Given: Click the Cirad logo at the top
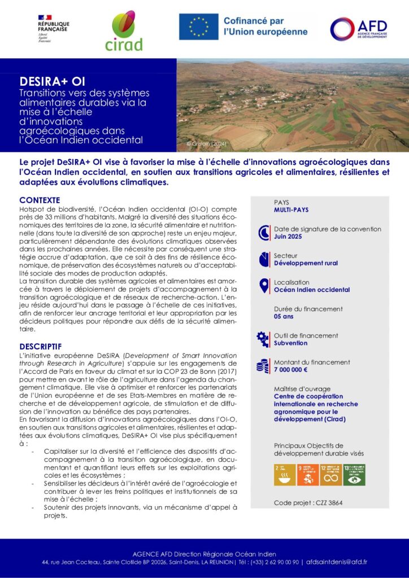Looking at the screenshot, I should [124, 31].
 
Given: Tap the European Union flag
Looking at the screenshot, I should [198, 27].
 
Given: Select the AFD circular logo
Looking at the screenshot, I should [342, 29].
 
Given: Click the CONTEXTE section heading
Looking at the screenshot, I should [40, 200].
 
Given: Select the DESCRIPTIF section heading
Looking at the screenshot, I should [40, 346].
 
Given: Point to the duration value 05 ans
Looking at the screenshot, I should [285, 317].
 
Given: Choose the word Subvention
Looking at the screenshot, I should [290, 343].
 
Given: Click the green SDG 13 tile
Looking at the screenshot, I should [354, 475].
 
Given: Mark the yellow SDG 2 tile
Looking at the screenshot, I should [284, 475].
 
